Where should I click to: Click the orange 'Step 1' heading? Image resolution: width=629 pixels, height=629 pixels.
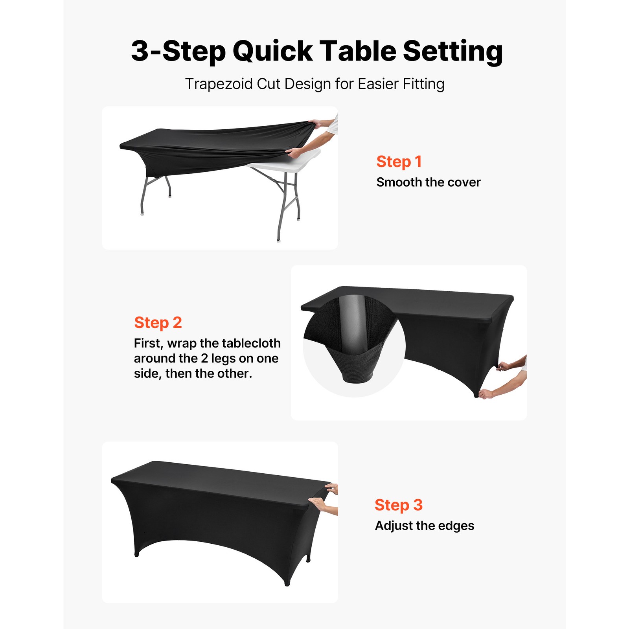point(399,162)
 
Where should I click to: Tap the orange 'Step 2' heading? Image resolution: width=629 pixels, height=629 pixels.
point(158,322)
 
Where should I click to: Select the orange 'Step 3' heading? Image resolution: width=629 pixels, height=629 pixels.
point(398,505)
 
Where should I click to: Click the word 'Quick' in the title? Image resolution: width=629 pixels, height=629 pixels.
point(272,51)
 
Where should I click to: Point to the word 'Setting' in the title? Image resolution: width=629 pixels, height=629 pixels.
point(452,51)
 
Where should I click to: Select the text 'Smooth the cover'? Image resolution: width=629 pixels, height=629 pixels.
point(428,182)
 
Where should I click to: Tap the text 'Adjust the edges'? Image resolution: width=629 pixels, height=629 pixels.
point(424,526)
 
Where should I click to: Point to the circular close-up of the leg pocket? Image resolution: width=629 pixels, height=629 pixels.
point(354,346)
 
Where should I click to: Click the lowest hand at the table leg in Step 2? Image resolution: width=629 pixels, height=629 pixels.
point(486,394)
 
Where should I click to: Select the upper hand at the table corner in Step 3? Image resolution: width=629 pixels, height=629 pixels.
point(332,489)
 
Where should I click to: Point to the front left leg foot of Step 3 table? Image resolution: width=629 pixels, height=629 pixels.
point(137,554)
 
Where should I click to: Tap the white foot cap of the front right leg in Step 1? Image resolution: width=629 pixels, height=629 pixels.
point(279,240)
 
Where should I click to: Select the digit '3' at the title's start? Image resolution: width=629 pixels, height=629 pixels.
point(140,51)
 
